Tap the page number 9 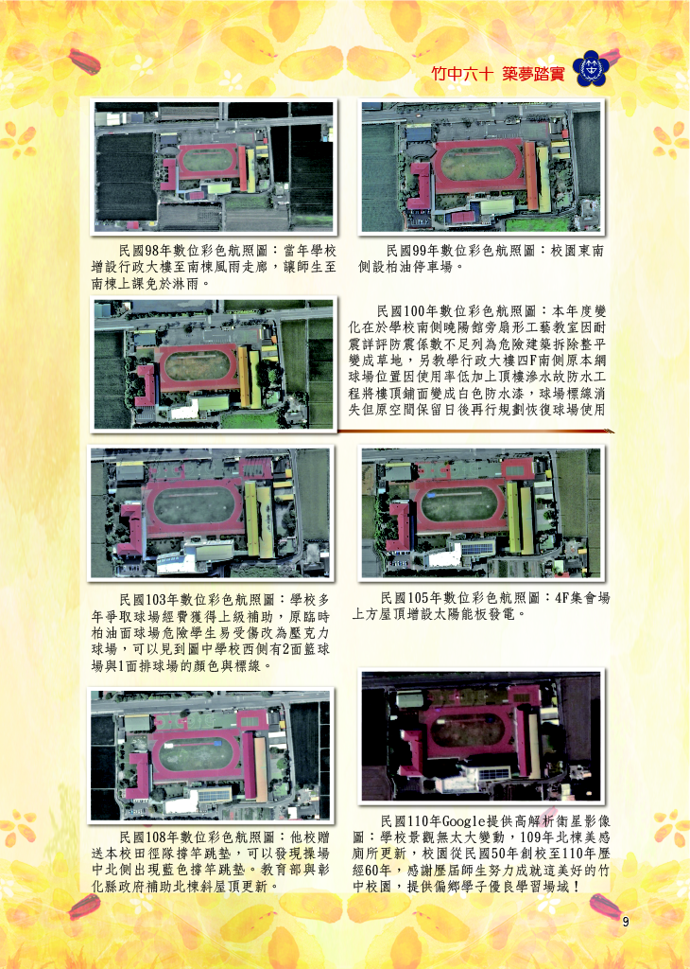click(x=626, y=922)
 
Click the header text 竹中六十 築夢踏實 click(x=497, y=74)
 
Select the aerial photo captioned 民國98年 click(x=214, y=167)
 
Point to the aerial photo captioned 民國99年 click(x=481, y=167)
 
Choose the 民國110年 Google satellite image click(x=481, y=736)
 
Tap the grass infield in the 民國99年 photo click(x=478, y=164)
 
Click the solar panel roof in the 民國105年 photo click(x=477, y=548)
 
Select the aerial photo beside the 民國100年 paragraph click(x=214, y=364)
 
